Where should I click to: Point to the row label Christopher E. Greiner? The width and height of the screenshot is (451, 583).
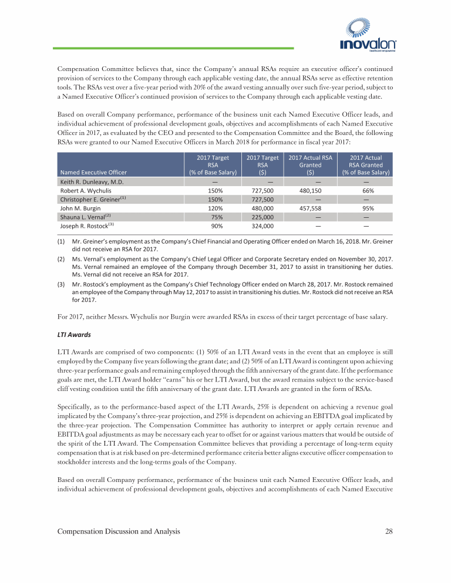tap(93, 199)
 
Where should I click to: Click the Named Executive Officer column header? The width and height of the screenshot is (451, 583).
tap(93, 172)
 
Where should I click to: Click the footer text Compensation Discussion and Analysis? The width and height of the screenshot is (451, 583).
tap(118, 531)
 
